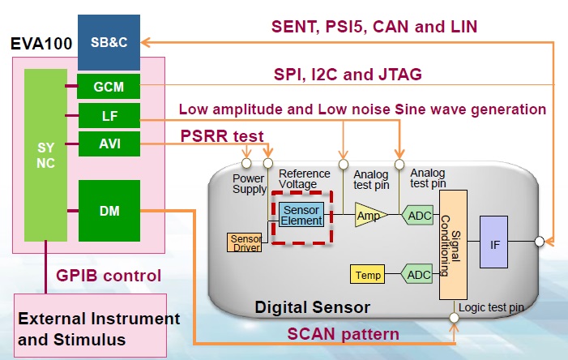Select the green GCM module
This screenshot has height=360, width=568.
coord(109,86)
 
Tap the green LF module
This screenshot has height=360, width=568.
coord(109,116)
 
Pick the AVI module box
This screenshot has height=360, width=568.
coord(109,145)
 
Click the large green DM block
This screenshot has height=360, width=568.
coord(109,211)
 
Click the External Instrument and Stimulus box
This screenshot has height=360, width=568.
coord(98,328)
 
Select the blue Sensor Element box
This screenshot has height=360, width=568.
coord(302,215)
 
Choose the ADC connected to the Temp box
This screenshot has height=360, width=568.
coord(417,275)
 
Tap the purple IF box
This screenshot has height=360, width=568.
coord(493,242)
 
